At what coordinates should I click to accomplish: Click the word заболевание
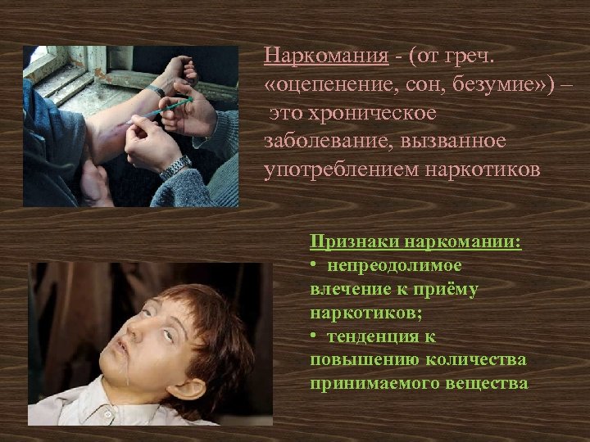pos(316,140)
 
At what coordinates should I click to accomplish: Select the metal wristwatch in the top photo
pos(174,169)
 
